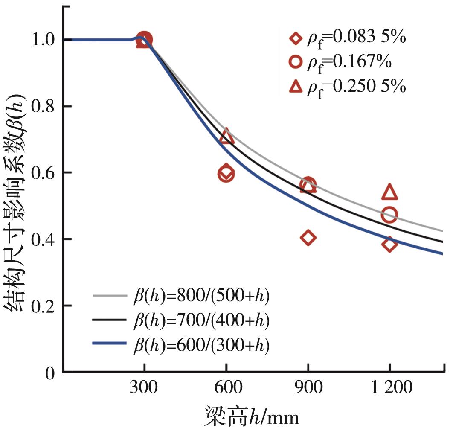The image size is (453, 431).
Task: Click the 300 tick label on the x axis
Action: tap(144, 388)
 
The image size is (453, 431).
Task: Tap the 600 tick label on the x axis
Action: tap(226, 388)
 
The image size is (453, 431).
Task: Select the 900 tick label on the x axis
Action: tap(308, 388)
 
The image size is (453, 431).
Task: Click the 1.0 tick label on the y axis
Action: tap(44, 40)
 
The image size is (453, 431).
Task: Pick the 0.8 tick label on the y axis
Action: tap(44, 106)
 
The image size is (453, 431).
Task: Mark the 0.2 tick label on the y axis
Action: tap(44, 306)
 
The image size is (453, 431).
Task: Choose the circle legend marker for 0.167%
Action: tap(295, 62)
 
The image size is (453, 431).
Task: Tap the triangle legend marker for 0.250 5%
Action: tap(295, 87)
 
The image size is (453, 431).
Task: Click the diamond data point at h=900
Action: tap(308, 237)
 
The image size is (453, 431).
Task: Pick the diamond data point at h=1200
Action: tap(389, 245)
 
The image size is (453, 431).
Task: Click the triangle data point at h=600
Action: tap(226, 137)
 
